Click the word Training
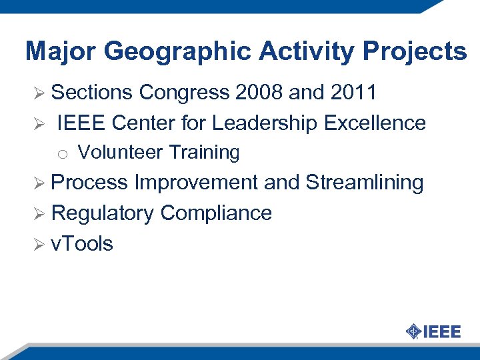point(203,153)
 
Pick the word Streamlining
point(365,183)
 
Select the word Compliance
point(216,213)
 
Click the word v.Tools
point(82,244)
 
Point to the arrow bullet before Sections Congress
point(39,93)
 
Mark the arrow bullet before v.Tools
point(39,245)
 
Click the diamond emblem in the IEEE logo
point(413,331)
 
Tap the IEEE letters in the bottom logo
point(441,331)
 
